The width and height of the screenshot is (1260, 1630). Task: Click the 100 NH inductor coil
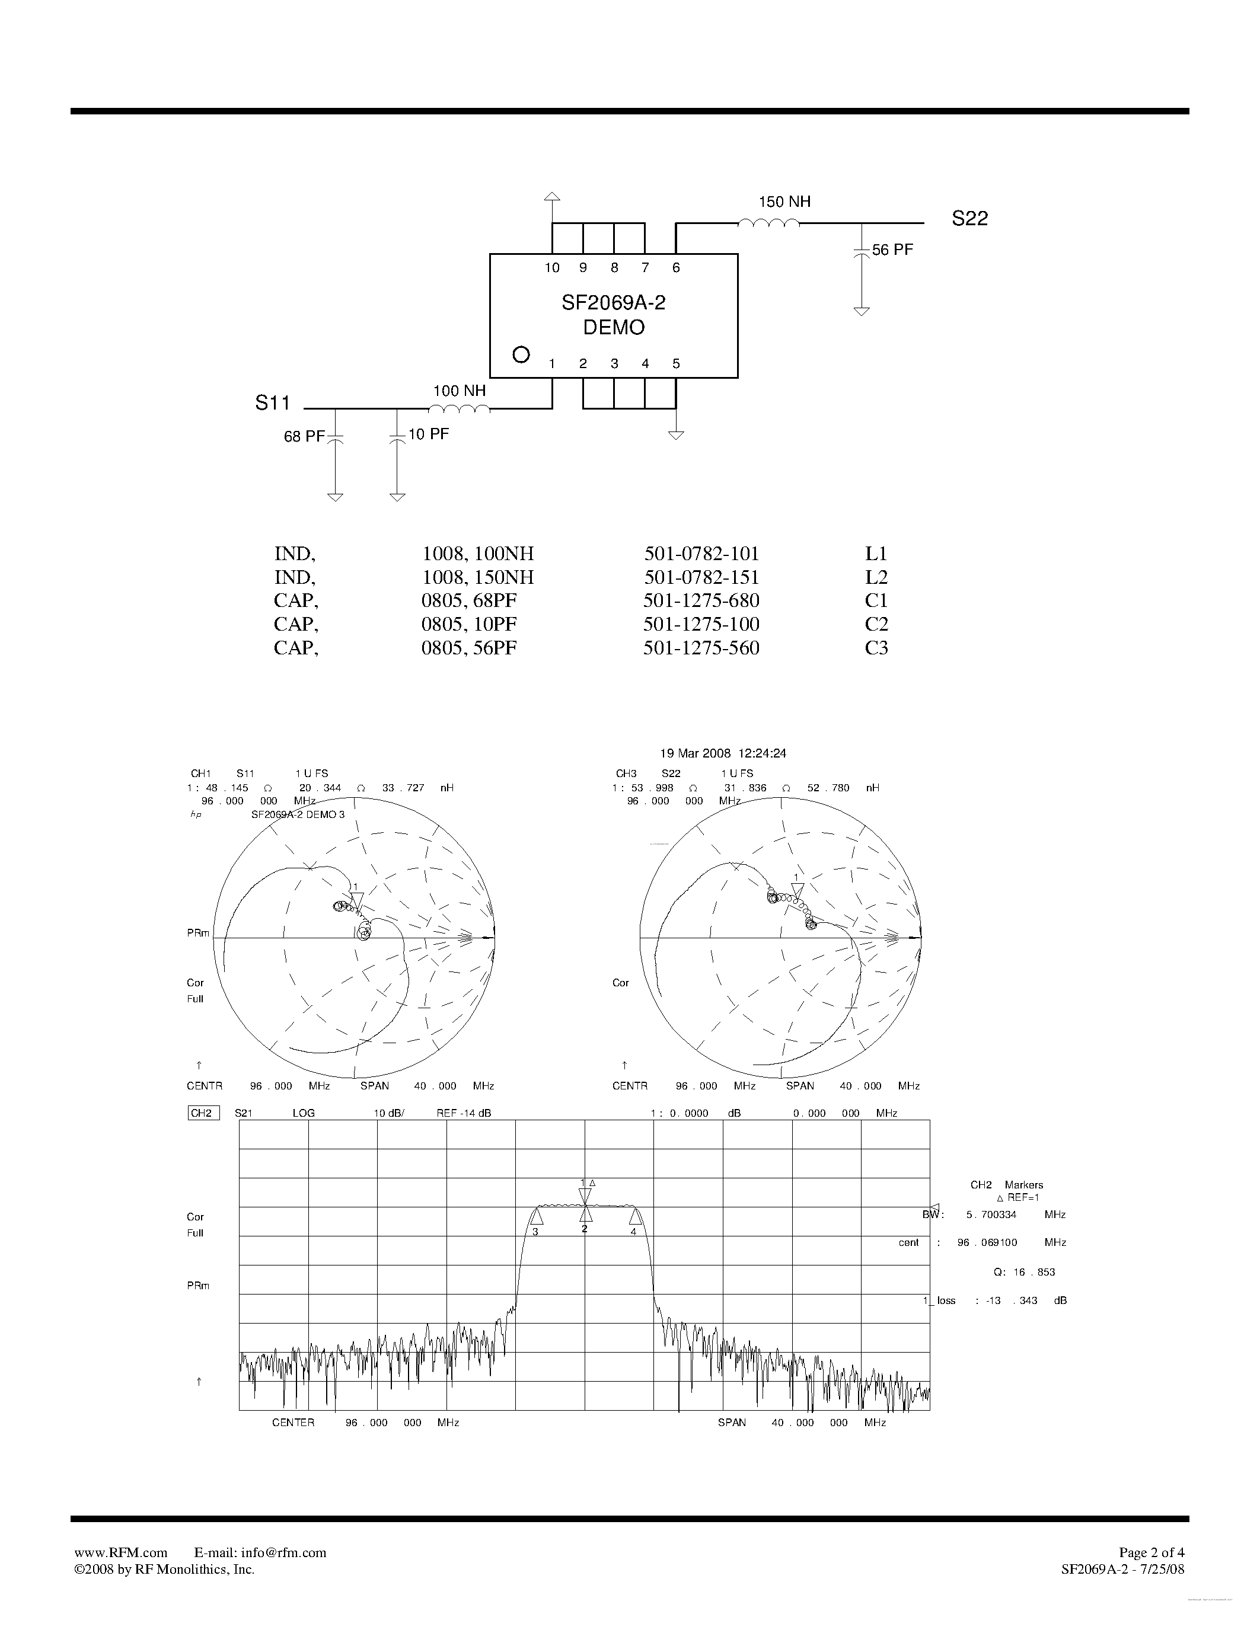point(459,408)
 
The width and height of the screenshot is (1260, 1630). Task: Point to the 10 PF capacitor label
point(429,434)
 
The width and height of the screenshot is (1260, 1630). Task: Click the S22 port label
point(969,219)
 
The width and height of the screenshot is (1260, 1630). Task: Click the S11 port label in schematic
point(272,403)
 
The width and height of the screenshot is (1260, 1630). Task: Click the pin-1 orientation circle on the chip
point(521,354)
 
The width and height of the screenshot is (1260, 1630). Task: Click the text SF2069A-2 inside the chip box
point(613,303)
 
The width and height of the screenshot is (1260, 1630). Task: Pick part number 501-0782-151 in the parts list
point(701,577)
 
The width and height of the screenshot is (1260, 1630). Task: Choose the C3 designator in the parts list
point(876,648)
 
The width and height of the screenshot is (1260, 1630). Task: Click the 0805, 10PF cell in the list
point(469,624)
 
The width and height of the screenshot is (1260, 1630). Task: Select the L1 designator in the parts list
point(876,554)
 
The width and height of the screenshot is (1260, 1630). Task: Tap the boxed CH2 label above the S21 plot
point(202,1113)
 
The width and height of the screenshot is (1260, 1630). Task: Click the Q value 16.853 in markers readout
point(1034,1272)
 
